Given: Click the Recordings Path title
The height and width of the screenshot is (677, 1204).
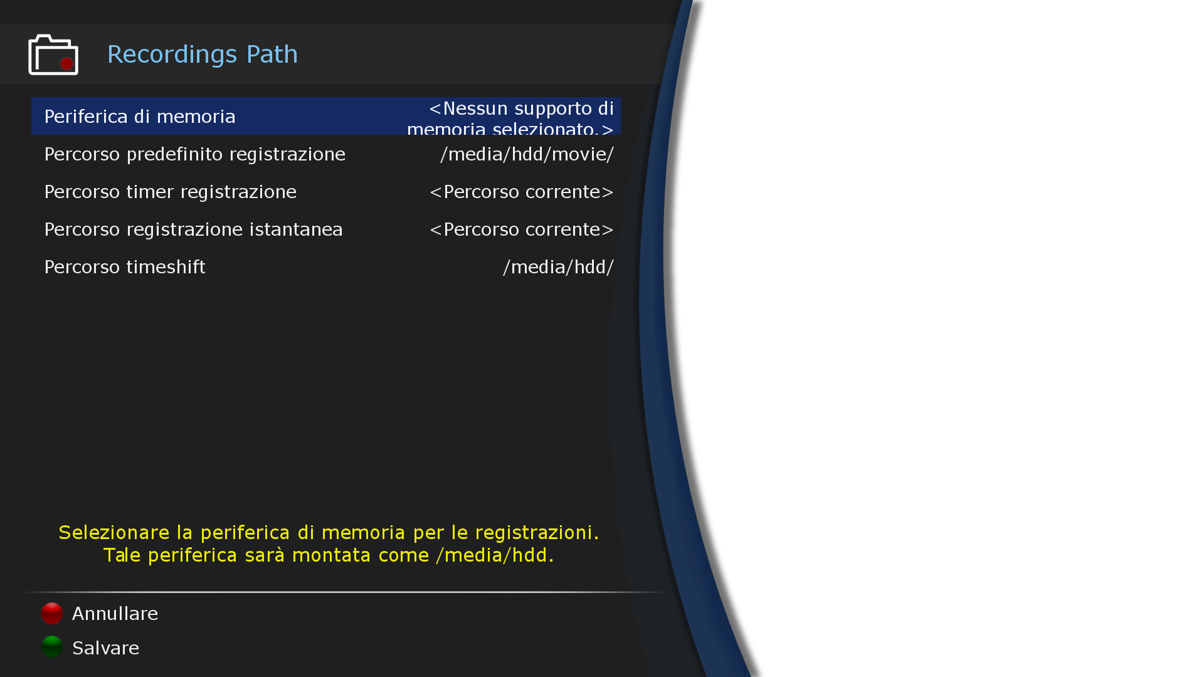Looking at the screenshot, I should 202,55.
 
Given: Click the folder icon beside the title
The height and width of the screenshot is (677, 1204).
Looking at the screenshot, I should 53,55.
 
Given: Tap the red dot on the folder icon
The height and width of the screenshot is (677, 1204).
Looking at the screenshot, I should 66,64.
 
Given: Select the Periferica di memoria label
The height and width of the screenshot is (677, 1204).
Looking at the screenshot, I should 140,117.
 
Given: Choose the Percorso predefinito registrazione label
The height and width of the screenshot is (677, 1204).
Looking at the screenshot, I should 194,154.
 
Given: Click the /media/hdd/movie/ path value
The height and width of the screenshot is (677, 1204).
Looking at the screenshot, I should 527,154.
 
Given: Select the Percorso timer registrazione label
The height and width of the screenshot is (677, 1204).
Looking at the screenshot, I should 170,192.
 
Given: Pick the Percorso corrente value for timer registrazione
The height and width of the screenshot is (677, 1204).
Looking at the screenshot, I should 521,192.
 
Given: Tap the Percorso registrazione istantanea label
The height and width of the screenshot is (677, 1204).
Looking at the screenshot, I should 193,229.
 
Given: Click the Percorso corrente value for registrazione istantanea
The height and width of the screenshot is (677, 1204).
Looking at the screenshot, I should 521,229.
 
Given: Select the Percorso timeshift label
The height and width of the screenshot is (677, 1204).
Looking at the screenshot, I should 125,267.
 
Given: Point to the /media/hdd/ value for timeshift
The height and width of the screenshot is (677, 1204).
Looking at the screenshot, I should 558,267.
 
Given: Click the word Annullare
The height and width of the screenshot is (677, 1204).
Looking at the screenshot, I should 115,614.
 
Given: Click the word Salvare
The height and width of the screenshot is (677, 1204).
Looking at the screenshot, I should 105,648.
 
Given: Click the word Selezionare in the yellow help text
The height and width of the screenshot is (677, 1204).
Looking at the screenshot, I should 114,533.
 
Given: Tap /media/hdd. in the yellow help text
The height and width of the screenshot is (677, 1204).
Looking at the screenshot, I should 495,555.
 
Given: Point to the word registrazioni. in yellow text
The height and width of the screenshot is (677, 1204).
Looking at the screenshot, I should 537,533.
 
